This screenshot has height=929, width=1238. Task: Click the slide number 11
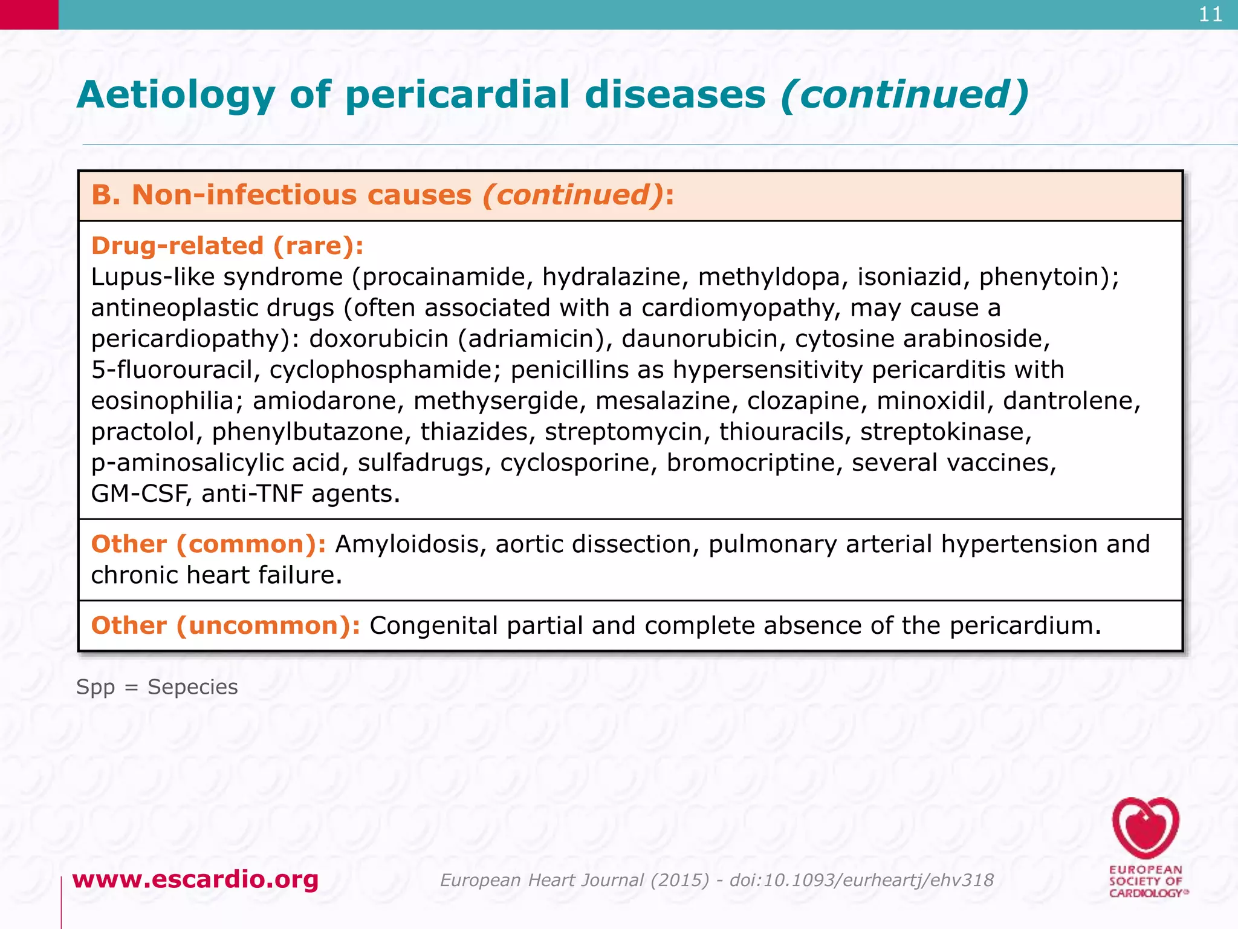1210,15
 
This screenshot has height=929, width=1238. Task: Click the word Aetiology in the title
175,96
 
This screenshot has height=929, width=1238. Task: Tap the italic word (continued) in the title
904,96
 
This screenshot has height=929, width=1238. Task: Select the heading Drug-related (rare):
227,246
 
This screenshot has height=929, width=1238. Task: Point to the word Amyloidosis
411,544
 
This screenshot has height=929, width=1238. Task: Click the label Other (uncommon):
225,625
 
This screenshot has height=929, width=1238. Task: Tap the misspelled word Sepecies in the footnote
192,687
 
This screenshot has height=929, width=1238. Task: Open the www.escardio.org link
195,879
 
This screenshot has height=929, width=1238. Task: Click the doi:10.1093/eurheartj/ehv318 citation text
861,880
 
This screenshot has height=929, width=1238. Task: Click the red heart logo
1146,827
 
